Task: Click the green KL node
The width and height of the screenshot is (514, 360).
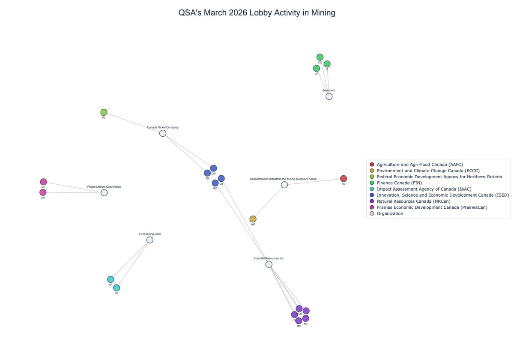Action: tap(104, 112)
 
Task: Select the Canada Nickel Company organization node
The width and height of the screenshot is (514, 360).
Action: tap(163, 133)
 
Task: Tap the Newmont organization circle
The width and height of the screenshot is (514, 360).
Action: tap(329, 96)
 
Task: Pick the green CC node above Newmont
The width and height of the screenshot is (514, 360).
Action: tap(320, 57)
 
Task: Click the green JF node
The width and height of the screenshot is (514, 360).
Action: tap(317, 69)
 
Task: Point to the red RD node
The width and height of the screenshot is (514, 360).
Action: tap(344, 179)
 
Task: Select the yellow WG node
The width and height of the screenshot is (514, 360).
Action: tap(253, 219)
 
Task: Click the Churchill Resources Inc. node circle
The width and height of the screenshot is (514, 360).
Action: tap(269, 264)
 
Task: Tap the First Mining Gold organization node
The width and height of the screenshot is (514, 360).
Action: tap(150, 240)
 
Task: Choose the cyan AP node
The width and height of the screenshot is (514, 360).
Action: tap(111, 279)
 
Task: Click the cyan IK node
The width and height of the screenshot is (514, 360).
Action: tap(117, 288)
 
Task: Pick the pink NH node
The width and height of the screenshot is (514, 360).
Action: tap(43, 182)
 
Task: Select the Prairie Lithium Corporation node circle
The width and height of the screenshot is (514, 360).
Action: tap(104, 193)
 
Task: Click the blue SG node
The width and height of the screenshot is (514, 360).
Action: tap(207, 173)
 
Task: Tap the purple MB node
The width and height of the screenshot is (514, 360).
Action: tap(299, 321)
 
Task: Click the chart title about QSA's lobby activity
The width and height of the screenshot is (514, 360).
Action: tap(257, 13)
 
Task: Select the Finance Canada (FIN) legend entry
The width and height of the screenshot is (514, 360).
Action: tap(399, 183)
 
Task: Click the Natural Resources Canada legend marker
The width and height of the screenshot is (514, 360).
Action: tap(372, 201)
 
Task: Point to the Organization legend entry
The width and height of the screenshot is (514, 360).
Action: tap(390, 213)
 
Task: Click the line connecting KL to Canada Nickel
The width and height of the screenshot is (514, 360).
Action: tap(133, 123)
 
